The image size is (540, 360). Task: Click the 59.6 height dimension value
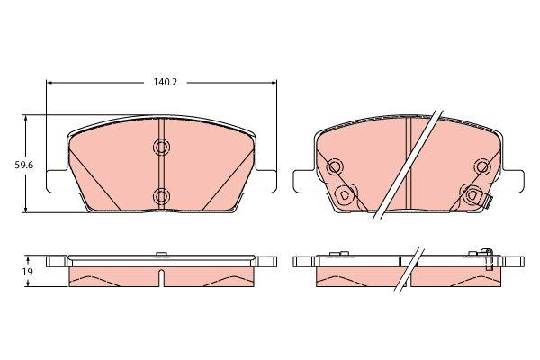23,165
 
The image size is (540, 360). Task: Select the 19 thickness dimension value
27,272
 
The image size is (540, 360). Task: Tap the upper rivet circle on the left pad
161,147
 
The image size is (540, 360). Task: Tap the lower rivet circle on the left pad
161,196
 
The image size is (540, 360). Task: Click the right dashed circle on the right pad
482,167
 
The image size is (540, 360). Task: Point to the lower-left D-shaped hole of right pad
344,195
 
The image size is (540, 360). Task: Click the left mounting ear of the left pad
57,181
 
